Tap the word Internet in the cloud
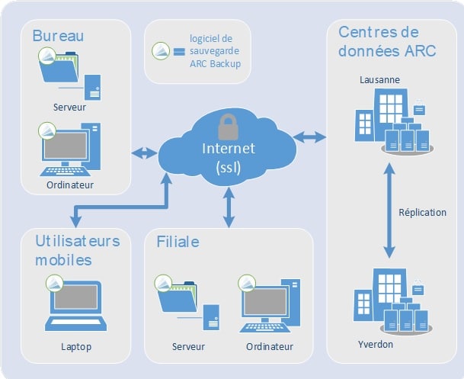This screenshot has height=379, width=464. click(x=229, y=149)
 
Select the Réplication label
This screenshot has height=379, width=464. click(x=422, y=212)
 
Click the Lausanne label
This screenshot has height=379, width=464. click(x=379, y=79)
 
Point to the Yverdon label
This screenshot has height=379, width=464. click(x=376, y=345)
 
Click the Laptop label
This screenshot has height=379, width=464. click(x=76, y=347)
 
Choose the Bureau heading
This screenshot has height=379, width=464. click(x=58, y=36)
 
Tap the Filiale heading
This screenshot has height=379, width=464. click(x=178, y=242)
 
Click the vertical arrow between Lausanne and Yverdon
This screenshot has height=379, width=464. click(x=389, y=210)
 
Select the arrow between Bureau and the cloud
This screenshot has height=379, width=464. click(x=144, y=153)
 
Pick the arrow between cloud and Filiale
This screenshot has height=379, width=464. click(x=229, y=207)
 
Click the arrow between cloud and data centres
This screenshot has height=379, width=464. click(x=309, y=137)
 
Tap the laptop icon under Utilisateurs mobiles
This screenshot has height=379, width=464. click(x=75, y=306)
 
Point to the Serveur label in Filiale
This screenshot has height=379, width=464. click(x=188, y=346)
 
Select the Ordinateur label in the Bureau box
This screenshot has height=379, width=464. click(x=70, y=185)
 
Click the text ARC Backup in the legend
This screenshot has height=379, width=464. click(x=215, y=63)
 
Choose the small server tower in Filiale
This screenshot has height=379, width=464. click(x=211, y=317)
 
